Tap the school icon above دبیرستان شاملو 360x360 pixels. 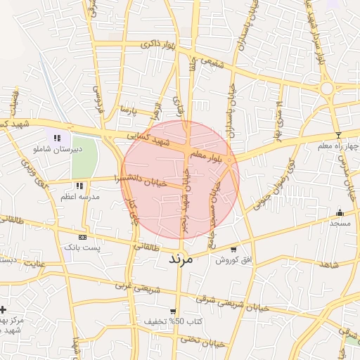57,139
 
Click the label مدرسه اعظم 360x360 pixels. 78,197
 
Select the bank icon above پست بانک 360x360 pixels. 84,237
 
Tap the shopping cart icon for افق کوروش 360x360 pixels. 233,249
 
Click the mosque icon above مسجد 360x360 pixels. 340,212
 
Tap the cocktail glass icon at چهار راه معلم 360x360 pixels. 338,134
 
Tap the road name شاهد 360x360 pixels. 328,264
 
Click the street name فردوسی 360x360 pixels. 98,94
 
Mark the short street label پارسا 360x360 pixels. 126,110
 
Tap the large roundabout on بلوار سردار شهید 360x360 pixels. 326,89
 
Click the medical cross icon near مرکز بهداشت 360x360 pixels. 4,309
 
